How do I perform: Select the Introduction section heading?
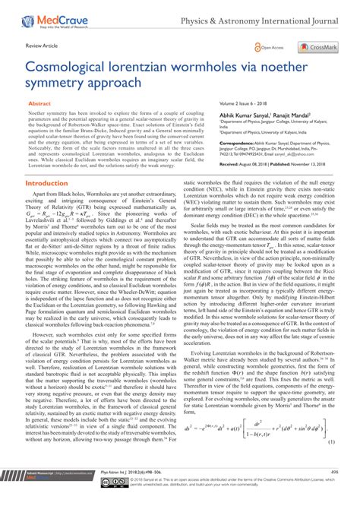[x=52, y=183]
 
